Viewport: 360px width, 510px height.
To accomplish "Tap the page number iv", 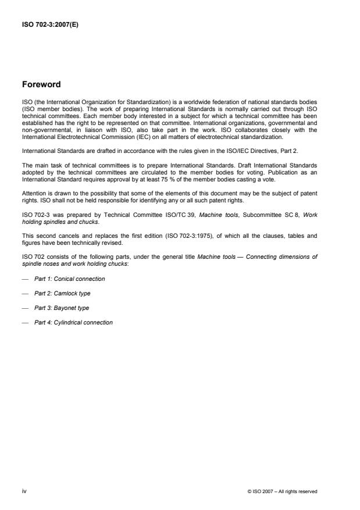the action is (x=24, y=491).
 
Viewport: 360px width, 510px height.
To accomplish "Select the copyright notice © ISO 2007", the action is (x=281, y=491).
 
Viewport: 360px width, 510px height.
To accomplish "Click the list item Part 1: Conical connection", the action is (x=69, y=279).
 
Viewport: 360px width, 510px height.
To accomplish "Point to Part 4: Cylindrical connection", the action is (x=73, y=322).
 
